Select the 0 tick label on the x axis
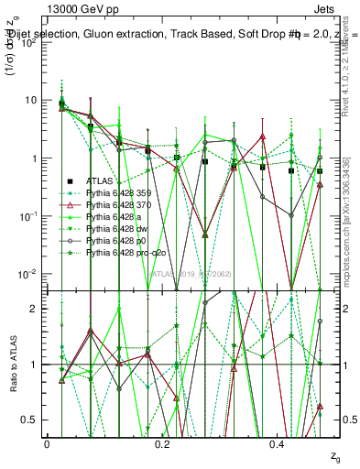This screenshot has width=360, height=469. tap(47, 444)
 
